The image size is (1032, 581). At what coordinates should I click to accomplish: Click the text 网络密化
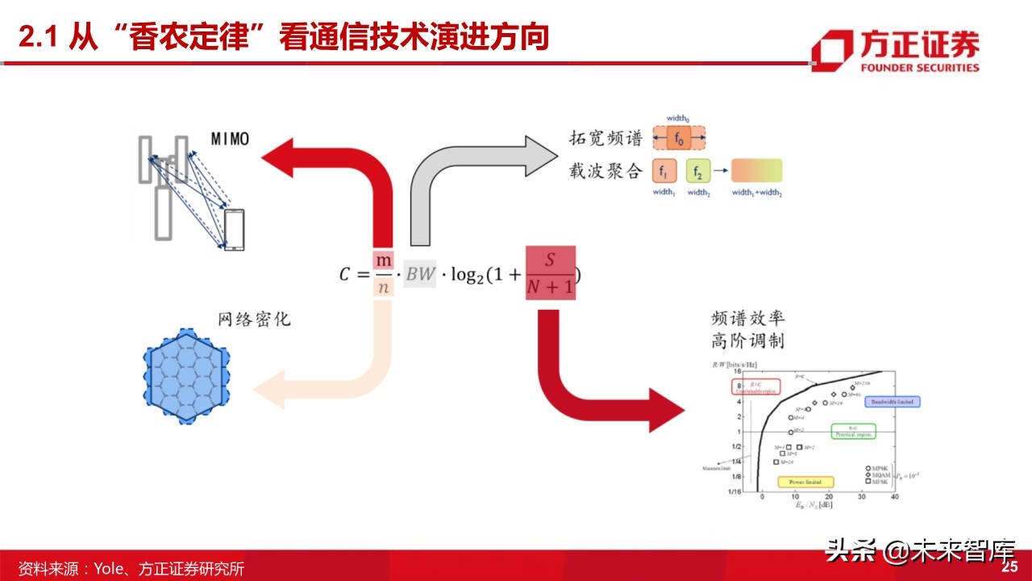tap(254, 320)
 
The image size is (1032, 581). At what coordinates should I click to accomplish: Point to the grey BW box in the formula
tap(419, 274)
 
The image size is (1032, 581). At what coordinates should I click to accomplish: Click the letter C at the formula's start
tap(345, 274)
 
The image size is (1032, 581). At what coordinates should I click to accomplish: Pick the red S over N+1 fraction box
tap(551, 273)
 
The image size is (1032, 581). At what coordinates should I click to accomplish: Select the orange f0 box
tap(680, 139)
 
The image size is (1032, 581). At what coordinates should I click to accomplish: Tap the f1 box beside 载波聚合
tap(664, 171)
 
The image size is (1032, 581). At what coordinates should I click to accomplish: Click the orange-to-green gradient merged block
tap(757, 171)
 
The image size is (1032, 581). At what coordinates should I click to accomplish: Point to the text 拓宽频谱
tap(605, 139)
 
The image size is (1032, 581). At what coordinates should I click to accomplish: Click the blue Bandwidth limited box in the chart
tap(893, 401)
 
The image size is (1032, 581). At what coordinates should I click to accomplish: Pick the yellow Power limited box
tap(799, 482)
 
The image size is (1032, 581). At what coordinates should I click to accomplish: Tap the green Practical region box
tap(854, 432)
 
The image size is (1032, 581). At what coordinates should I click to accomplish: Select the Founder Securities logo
tap(896, 51)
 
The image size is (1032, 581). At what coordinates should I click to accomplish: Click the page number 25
tap(1010, 567)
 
